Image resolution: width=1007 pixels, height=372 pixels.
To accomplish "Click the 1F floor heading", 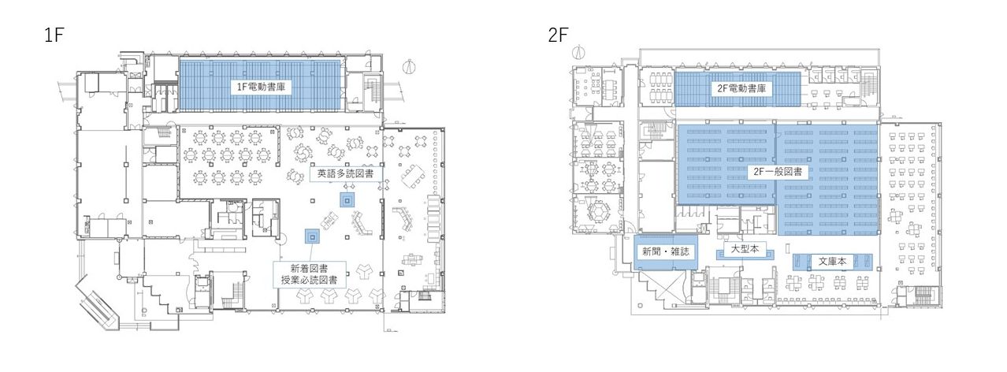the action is click(x=54, y=35).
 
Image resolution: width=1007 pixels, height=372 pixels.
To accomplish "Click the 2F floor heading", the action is click(x=559, y=35).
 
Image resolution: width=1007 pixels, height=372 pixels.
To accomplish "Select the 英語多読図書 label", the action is click(x=345, y=173).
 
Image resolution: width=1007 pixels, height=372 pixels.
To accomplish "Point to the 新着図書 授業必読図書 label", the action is click(x=310, y=274).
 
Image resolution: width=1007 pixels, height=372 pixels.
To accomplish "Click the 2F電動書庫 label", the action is click(x=741, y=88).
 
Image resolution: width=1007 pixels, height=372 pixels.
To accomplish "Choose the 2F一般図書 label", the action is click(x=778, y=172).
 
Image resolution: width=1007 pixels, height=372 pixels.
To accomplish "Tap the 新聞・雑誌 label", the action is click(x=665, y=251).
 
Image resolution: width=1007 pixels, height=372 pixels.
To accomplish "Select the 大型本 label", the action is click(x=745, y=249).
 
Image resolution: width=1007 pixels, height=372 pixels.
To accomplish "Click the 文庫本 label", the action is click(x=831, y=262).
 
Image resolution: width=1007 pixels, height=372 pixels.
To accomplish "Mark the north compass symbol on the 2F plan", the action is click(x=579, y=52).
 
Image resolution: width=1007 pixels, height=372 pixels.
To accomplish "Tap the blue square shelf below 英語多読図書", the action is click(x=347, y=199).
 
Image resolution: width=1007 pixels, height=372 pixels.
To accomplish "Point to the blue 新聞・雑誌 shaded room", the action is click(x=666, y=252).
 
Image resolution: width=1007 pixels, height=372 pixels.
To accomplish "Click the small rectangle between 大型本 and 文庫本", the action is click(x=788, y=247).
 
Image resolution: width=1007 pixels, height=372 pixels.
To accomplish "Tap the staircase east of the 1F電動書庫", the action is click(x=371, y=92).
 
